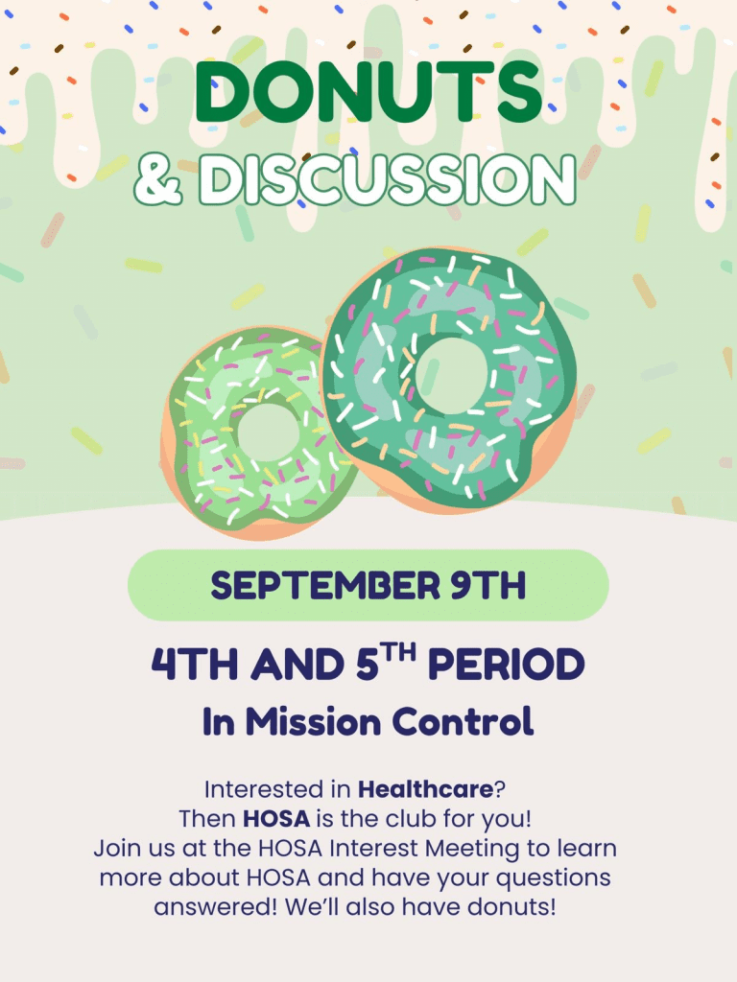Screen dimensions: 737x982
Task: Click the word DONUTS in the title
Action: point(368,92)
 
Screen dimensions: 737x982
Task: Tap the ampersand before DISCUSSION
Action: point(158,179)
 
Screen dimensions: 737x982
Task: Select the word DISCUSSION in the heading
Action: point(388,179)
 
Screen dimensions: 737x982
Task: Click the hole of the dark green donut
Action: point(451,375)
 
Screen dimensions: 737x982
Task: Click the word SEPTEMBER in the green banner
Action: point(326,586)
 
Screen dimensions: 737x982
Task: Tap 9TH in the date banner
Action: point(488,586)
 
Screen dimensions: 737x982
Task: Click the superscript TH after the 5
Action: point(399,653)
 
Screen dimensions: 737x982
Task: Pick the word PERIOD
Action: point(507,664)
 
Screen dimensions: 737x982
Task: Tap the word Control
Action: point(464,721)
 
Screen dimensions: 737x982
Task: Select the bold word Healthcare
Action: point(425,789)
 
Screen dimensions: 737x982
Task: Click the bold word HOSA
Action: point(276,819)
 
